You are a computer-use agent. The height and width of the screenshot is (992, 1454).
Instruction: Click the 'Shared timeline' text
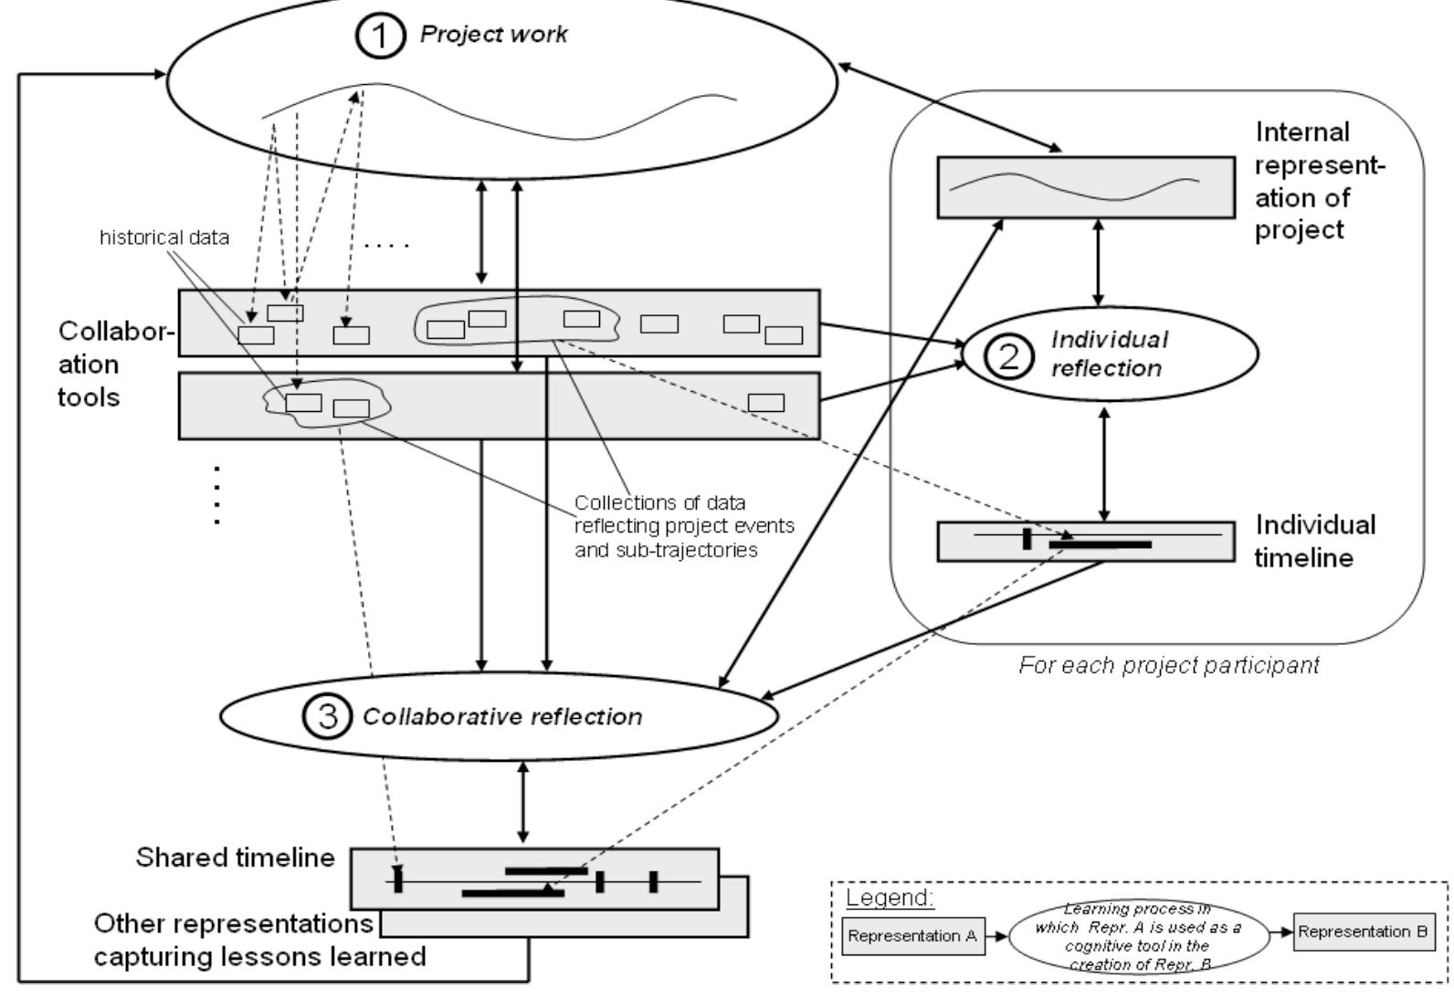point(235,859)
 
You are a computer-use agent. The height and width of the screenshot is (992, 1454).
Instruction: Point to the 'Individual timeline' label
point(1314,541)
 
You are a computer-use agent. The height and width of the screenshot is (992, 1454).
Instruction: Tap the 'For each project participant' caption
point(1168,665)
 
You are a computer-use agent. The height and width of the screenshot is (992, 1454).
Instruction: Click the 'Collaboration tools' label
point(115,364)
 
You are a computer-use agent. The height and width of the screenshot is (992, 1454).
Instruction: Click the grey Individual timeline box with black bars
point(1086,541)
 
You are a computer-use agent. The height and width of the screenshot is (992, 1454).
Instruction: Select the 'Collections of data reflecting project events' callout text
point(684,527)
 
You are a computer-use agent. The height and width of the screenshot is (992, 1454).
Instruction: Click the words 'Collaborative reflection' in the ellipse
point(502,716)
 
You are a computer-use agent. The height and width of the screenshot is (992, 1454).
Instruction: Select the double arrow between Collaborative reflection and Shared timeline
point(522,802)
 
